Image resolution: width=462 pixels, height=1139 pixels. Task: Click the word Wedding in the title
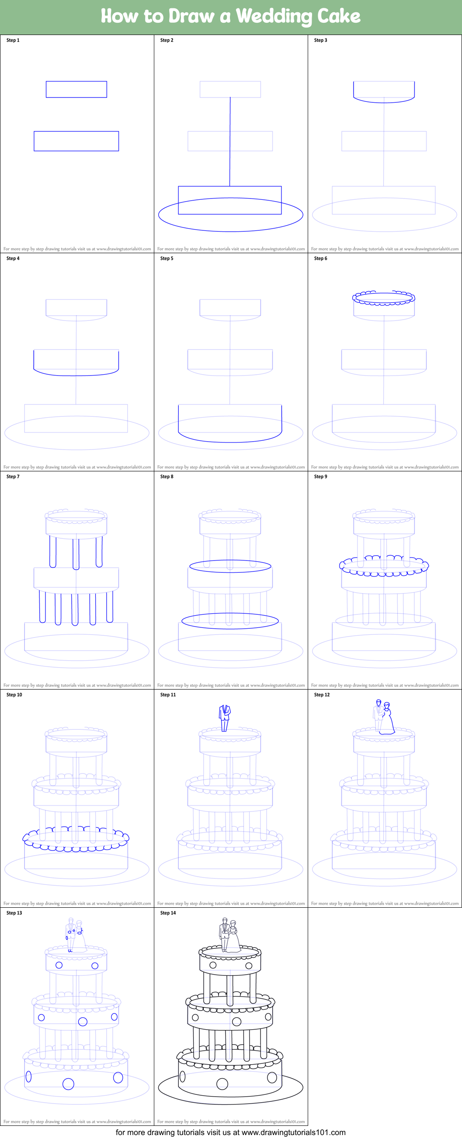pyautogui.click(x=274, y=17)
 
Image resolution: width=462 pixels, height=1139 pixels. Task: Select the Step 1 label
pyautogui.click(x=13, y=40)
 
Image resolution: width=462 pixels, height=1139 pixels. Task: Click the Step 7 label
pyautogui.click(x=13, y=477)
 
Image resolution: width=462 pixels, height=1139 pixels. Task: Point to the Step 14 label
pyautogui.click(x=168, y=913)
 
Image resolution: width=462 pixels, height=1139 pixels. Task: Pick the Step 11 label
pyautogui.click(x=168, y=695)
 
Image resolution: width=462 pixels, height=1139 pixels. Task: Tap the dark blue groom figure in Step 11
pyautogui.click(x=225, y=718)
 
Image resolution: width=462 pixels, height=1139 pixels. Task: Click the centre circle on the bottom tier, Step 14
pyautogui.click(x=222, y=1084)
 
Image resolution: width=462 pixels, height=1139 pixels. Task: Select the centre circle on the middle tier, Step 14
pyautogui.click(x=236, y=1021)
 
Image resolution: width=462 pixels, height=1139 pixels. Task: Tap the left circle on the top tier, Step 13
pyautogui.click(x=59, y=965)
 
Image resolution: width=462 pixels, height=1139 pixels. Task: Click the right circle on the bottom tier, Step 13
pyautogui.click(x=118, y=1077)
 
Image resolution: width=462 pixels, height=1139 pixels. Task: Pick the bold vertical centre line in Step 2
pyautogui.click(x=230, y=142)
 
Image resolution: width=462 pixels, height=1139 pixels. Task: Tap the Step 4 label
pyautogui.click(x=13, y=258)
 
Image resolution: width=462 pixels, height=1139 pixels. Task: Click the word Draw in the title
pyautogui.click(x=191, y=16)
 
